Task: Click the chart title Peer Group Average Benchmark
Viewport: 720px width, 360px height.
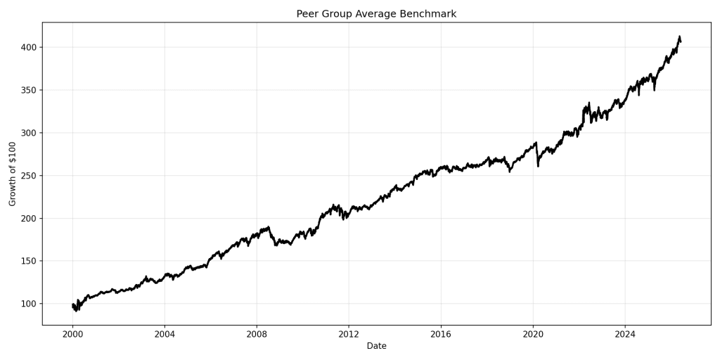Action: [x=376, y=14]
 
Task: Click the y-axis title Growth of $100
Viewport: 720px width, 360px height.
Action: [x=13, y=174]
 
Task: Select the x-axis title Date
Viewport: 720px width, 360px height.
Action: [x=376, y=346]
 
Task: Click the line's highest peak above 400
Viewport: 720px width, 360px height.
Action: [x=680, y=37]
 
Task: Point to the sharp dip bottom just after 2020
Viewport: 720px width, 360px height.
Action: [x=538, y=166]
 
